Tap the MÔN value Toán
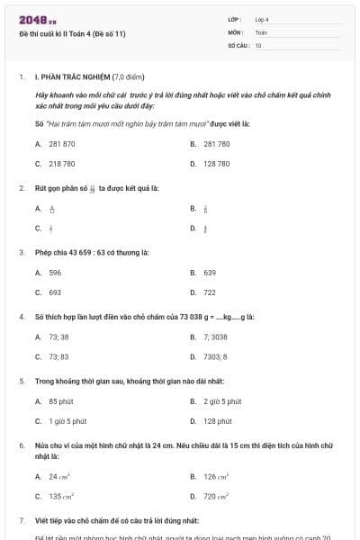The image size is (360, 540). click(x=261, y=31)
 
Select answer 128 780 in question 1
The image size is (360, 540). click(x=217, y=165)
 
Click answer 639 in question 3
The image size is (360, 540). click(x=210, y=272)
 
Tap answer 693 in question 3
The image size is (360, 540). click(x=55, y=292)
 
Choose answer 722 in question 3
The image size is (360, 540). click(x=210, y=292)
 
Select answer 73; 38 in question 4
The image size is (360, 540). click(x=58, y=337)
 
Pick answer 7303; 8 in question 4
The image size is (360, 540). click(x=216, y=357)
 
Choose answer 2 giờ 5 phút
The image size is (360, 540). click(x=221, y=400)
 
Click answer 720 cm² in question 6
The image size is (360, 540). click(x=216, y=497)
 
